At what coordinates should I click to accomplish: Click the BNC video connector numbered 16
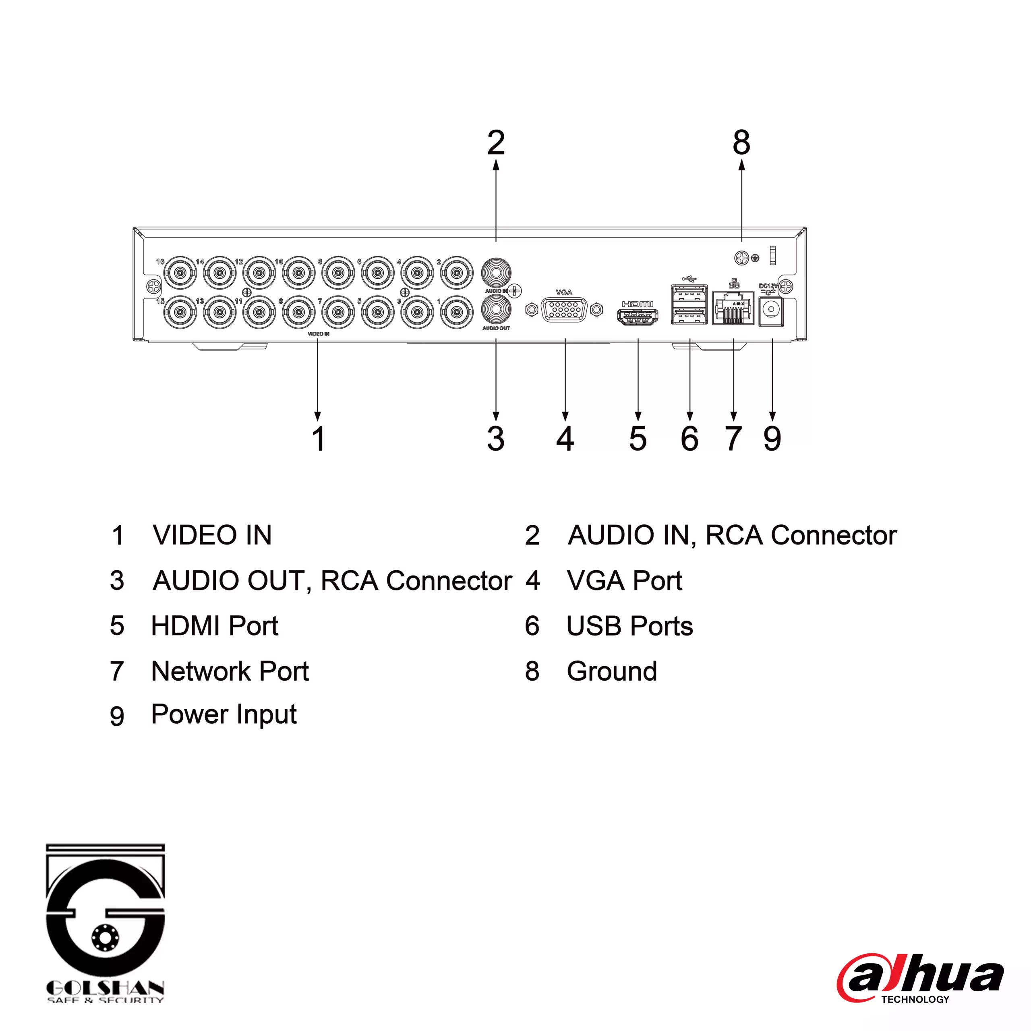(x=180, y=273)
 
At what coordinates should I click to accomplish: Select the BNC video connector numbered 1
(x=457, y=312)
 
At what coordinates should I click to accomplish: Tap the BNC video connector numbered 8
(x=338, y=273)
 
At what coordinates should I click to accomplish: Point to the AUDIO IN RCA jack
(x=496, y=273)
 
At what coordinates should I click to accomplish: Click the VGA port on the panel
(x=564, y=310)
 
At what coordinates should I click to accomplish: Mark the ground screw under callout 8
(x=742, y=258)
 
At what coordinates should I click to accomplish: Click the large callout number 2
(x=496, y=143)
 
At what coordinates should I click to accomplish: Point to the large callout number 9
(x=772, y=439)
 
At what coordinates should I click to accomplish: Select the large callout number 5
(x=638, y=439)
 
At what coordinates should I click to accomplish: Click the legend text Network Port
(x=230, y=671)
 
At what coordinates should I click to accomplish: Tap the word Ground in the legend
(x=612, y=671)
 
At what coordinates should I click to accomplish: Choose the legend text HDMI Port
(x=215, y=626)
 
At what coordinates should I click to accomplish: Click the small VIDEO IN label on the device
(x=319, y=334)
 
